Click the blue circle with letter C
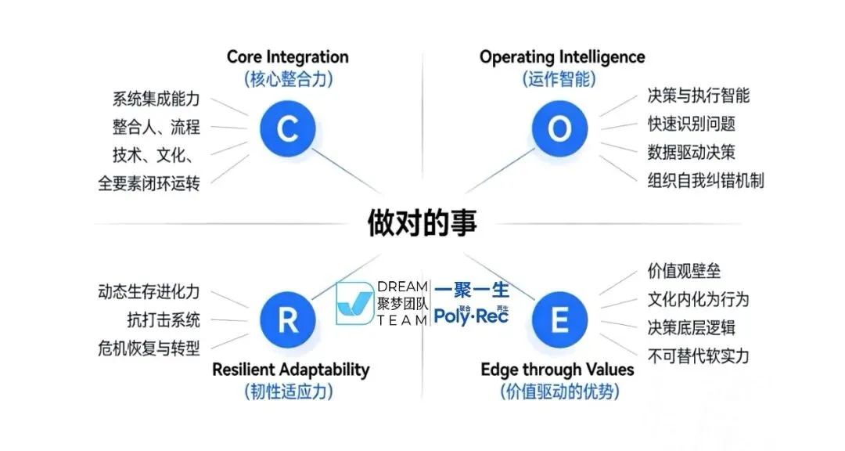287,128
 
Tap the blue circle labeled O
559,128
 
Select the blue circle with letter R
287,320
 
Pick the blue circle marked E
559,320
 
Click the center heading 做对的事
422,222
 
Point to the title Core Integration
287,57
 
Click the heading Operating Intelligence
562,57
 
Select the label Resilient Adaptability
290,370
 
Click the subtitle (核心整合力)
287,79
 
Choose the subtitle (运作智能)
559,79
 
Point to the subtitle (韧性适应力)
288,391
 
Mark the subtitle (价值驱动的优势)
559,391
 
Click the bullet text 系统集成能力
156,99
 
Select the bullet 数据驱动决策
691,152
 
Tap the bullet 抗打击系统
163,319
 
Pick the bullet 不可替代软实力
698,356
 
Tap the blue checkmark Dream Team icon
354,304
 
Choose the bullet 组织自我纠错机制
705,180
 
